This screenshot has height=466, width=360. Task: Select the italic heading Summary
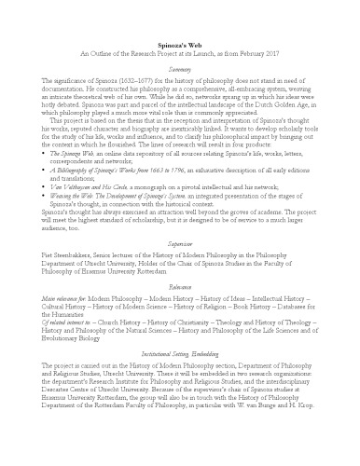180,69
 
